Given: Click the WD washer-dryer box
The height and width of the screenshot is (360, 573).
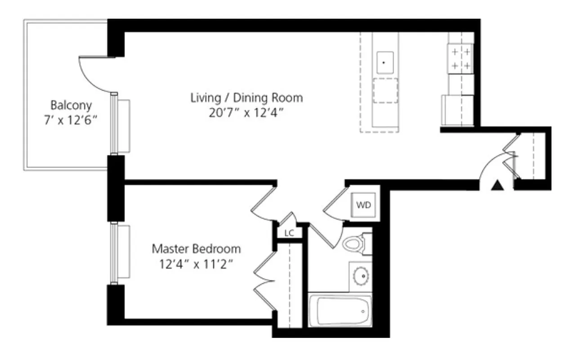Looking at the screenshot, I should pos(363,205).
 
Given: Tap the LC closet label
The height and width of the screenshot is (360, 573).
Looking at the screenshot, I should pos(289,233).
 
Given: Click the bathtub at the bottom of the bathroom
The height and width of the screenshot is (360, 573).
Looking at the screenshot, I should pos(340,310).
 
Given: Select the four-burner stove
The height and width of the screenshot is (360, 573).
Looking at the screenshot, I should pos(461,59).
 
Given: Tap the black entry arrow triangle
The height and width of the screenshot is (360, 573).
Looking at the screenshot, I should pos(497,185).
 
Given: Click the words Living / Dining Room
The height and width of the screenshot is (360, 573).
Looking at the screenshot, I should pos(246,98).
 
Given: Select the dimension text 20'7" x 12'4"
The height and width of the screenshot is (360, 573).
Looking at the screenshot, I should pos(246,113).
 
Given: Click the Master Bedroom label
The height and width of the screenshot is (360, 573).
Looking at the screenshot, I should pos(196,248).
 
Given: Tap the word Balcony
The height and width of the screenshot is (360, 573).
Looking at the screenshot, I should pos(71,105).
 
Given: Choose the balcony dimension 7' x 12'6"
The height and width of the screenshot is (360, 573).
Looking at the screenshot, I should pos(71,121).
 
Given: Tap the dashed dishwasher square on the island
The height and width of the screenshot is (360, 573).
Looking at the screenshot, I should pos(385,90).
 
